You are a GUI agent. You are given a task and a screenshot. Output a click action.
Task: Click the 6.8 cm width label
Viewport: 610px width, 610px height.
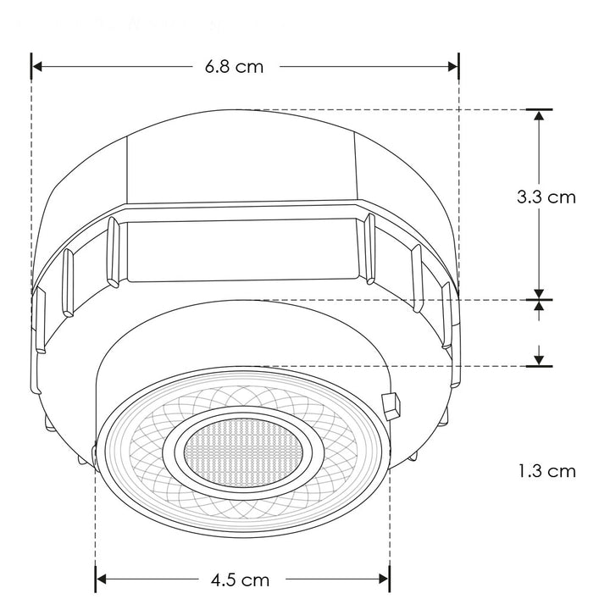pos(234,67)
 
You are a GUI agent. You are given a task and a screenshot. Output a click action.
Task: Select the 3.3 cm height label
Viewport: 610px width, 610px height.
pos(546,197)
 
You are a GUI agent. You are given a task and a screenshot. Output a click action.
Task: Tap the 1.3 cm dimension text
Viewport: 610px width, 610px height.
pos(546,470)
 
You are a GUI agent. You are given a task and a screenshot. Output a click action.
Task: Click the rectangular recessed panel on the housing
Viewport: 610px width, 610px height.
pos(241,249)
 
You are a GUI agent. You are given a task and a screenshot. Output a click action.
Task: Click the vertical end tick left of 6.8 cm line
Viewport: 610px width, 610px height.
pos(31,66)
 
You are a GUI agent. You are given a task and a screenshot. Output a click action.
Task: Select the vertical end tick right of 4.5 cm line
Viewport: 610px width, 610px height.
pos(390,579)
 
